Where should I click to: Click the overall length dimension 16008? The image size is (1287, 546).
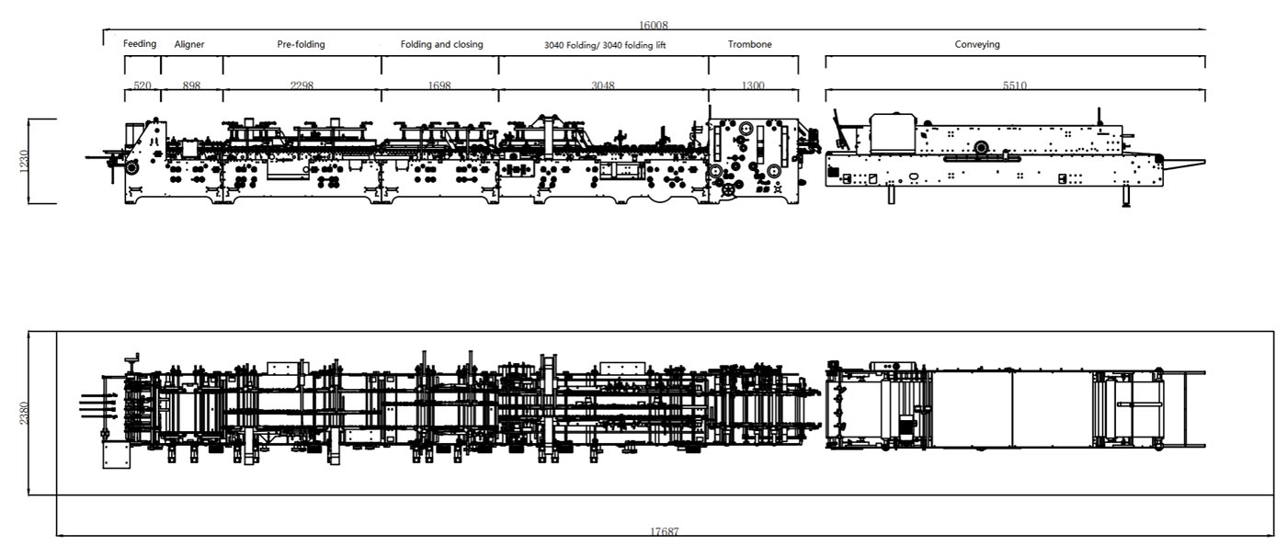tap(654, 26)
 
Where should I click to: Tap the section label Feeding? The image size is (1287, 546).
tap(140, 43)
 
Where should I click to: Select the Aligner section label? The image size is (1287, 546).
tap(189, 44)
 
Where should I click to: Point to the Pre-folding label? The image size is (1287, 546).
tap(301, 44)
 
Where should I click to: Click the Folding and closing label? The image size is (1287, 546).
tap(441, 44)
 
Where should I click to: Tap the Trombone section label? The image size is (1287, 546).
tap(749, 44)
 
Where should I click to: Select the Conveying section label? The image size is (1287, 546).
tap(976, 44)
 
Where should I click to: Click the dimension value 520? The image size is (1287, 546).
tap(142, 85)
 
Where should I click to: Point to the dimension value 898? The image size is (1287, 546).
tap(191, 85)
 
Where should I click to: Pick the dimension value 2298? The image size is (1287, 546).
tap(302, 85)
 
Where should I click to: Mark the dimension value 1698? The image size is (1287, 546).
tap(439, 85)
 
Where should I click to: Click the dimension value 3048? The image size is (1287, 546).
tap(603, 85)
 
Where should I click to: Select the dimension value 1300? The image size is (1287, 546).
tap(752, 85)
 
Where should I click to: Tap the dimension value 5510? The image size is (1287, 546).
tap(1015, 85)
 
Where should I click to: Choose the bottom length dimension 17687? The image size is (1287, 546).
tap(665, 532)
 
